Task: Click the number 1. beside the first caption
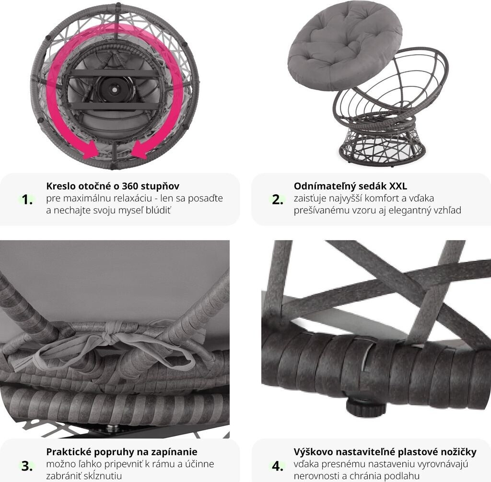27,200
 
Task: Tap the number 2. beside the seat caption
278,200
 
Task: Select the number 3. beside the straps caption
27,466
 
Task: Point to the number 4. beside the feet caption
278,466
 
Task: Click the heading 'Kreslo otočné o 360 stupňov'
113,186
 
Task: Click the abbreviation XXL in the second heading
397,186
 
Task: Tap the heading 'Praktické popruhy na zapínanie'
122,452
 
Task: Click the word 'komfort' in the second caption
392,198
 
